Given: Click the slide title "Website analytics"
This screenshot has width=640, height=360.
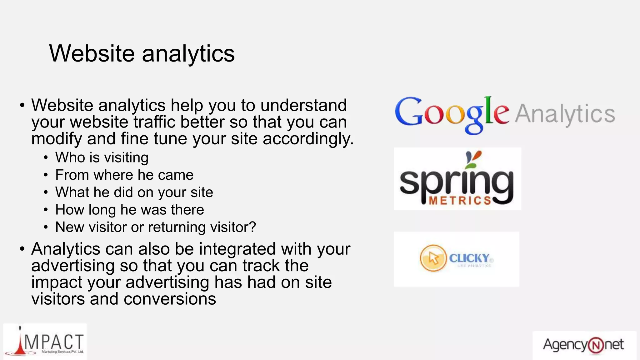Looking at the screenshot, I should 142,53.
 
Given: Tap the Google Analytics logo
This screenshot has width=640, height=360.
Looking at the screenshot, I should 504,114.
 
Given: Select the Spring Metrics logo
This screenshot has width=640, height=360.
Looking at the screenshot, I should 457,179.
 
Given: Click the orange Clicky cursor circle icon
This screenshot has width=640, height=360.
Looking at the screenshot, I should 433,258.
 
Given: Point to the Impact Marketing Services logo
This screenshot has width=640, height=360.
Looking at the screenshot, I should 45,341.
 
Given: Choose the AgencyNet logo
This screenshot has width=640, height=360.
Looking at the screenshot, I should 584,345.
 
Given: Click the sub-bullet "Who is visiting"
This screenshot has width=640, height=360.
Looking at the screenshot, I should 102,157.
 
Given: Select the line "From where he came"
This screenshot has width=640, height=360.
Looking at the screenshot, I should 124,175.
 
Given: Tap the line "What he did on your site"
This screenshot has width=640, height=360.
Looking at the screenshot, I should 134,192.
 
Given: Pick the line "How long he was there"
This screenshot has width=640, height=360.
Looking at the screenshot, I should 129,210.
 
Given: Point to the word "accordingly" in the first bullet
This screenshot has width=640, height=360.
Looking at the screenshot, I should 308,139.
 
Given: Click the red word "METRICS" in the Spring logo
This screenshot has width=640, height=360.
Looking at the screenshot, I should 460,201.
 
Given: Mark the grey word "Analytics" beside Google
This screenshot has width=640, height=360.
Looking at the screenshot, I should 565,114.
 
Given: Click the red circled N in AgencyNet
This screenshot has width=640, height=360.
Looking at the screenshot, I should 595,346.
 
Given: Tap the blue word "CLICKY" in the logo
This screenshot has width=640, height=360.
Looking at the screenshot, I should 469,258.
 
